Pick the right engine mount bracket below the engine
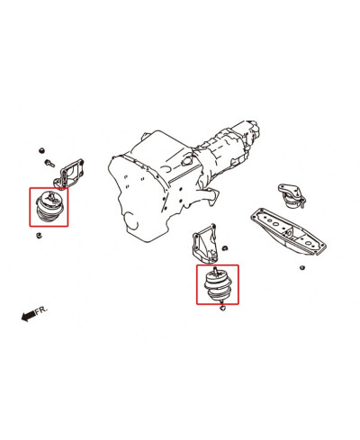pos(202,244)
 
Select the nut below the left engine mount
pos(40,237)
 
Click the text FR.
pos(41,309)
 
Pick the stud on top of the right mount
pos(217,270)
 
